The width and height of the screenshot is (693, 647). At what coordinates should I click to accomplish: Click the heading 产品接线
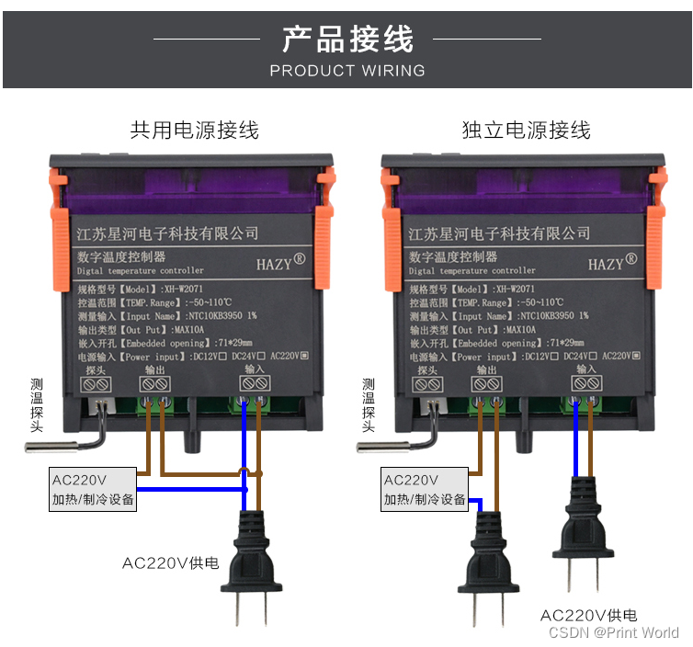click(347, 40)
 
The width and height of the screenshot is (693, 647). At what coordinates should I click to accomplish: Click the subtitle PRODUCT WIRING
click(347, 71)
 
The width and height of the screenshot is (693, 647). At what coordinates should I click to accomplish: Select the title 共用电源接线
click(194, 131)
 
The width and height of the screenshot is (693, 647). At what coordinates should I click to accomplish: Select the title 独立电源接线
click(526, 131)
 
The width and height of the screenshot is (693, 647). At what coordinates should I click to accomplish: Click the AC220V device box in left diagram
click(93, 490)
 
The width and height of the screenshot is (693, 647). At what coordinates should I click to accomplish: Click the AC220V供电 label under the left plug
click(171, 562)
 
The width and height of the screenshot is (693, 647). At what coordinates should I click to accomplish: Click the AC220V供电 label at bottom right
click(588, 615)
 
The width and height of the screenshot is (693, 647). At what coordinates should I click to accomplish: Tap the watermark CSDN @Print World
click(614, 632)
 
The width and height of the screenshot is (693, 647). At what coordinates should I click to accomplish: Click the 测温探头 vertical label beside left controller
click(36, 404)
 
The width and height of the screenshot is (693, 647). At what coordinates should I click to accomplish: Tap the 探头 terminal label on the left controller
click(95, 369)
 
